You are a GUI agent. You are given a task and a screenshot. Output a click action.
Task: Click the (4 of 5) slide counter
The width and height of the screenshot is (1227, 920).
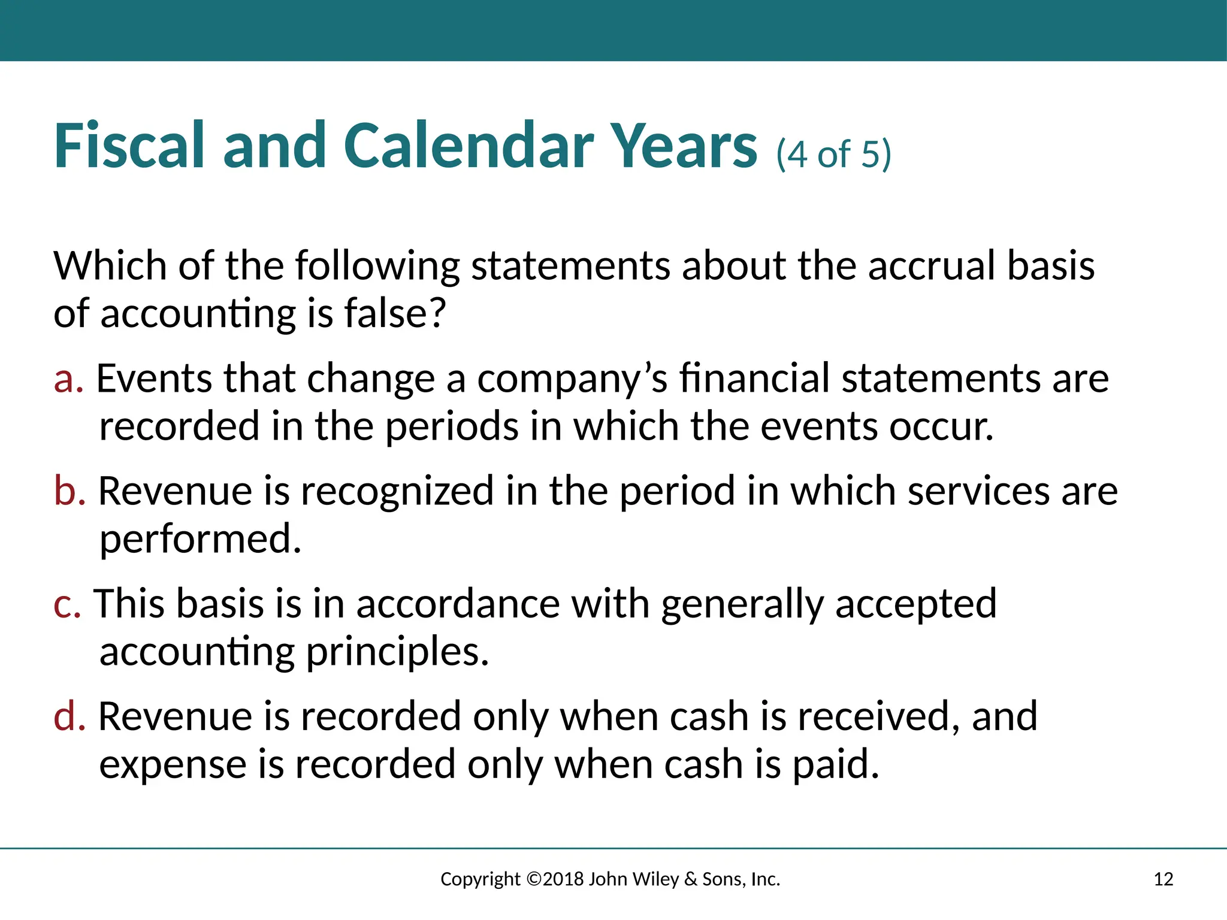coord(833,154)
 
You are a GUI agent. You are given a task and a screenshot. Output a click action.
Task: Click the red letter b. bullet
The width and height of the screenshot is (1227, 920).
coord(69,491)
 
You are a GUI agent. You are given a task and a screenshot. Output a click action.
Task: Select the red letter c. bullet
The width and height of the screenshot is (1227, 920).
coord(67,604)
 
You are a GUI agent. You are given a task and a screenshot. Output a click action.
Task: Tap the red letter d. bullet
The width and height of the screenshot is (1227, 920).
coord(69,716)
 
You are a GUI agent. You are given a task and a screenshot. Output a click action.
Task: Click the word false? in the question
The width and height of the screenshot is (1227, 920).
coord(395,313)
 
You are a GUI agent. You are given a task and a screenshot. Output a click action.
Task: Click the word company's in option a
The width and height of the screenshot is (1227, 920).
coord(572,379)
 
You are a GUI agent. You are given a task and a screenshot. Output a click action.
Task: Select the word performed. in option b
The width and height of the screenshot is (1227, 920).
coord(200,539)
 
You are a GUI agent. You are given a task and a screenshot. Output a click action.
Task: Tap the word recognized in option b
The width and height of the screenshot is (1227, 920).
coord(397,491)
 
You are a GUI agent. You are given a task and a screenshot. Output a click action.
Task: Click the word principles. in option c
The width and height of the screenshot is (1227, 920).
coord(397,652)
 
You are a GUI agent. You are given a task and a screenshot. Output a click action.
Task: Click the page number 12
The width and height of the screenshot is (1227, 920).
coord(1163,879)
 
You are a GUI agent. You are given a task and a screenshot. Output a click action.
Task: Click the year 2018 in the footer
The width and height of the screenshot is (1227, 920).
coord(563,879)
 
